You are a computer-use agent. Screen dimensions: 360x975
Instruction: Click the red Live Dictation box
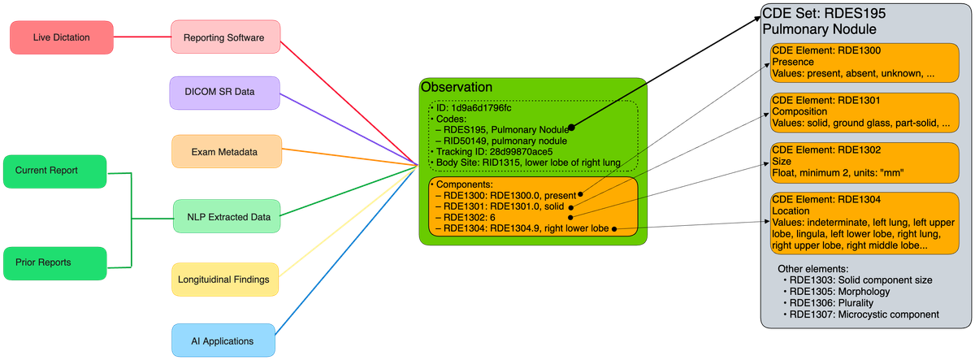(61, 38)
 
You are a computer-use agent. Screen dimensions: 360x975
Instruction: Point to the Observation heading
(456, 87)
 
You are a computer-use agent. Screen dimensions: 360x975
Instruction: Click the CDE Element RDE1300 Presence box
(863, 62)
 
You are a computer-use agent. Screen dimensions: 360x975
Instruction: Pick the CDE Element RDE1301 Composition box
(863, 111)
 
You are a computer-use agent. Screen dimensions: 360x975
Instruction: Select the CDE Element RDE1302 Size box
(863, 161)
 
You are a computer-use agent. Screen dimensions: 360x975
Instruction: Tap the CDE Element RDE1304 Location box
(863, 221)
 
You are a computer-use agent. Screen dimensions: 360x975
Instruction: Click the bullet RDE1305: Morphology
(839, 291)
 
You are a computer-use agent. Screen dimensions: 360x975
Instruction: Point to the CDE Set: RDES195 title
(823, 14)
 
